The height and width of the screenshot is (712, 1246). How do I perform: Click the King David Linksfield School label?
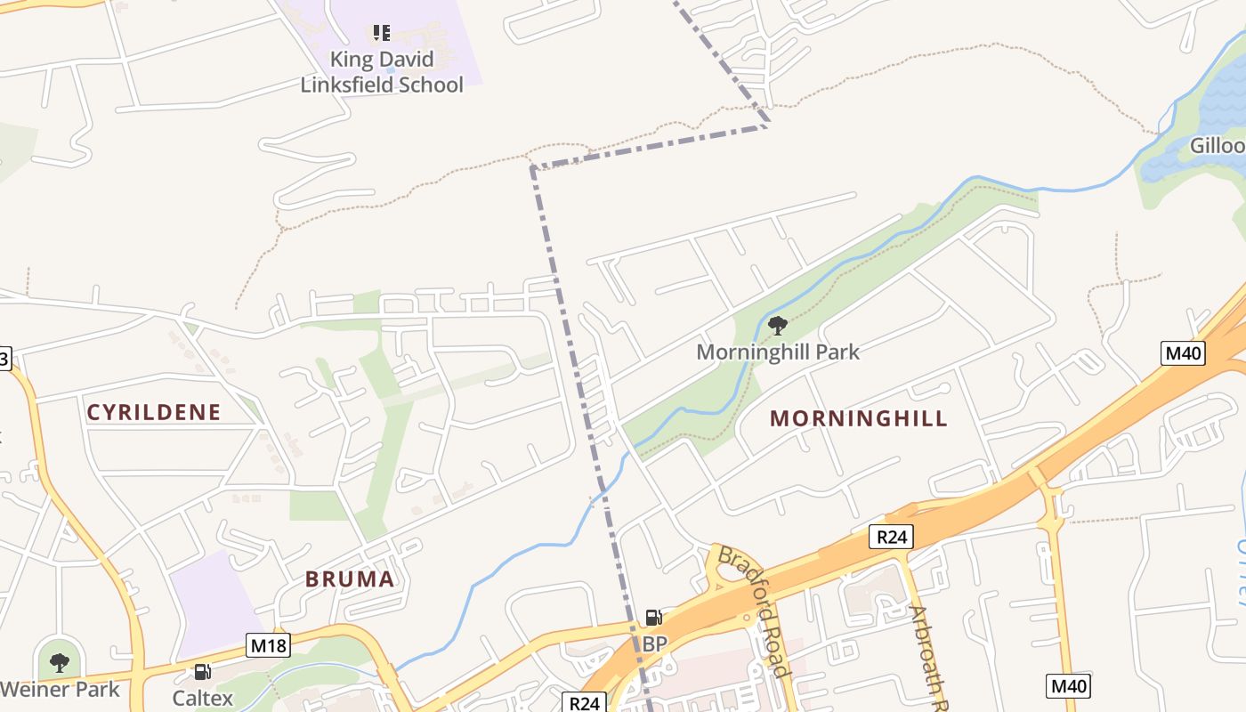click(382, 72)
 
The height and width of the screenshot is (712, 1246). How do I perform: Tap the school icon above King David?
click(382, 34)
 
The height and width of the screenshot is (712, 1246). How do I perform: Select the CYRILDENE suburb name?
click(153, 412)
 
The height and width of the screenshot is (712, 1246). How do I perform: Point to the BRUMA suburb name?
click(350, 579)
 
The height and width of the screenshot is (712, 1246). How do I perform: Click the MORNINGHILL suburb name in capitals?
click(859, 419)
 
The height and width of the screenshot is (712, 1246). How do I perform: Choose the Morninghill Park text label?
click(778, 352)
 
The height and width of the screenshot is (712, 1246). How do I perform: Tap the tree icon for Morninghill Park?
click(778, 326)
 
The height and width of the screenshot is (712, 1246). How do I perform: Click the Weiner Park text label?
click(60, 689)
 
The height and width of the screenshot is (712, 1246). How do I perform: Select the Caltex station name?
click(203, 698)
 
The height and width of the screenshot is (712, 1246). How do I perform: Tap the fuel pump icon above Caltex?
click(203, 672)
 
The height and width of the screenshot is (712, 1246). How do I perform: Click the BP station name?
click(654, 643)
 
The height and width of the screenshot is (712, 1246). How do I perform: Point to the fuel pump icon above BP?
click(654, 618)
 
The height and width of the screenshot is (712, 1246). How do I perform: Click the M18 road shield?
click(268, 645)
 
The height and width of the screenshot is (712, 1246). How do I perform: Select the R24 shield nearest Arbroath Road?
click(891, 537)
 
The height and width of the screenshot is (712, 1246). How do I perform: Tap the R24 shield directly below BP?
click(584, 703)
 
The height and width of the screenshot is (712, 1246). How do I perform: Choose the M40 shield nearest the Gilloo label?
click(1184, 353)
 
